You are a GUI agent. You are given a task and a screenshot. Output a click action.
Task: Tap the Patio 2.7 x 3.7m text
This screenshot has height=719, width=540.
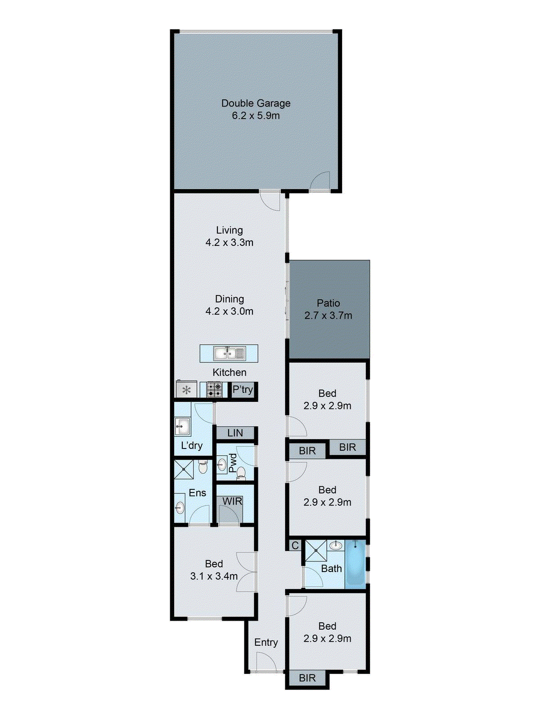[x=328, y=309]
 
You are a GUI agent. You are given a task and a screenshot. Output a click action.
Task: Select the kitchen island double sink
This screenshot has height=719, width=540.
[x=229, y=354]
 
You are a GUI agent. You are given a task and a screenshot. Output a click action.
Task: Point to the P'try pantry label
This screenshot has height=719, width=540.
[x=243, y=390]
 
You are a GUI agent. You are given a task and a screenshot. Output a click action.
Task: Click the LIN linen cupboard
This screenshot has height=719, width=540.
[x=235, y=433]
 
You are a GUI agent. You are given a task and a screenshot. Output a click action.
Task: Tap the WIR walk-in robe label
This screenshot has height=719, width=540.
[x=232, y=501]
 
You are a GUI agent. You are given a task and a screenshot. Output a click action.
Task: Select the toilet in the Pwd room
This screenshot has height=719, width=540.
[x=241, y=472]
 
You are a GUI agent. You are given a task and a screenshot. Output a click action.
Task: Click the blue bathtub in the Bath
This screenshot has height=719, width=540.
[x=355, y=564]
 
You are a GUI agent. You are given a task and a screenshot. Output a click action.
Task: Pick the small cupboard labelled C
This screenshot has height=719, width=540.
[x=295, y=546]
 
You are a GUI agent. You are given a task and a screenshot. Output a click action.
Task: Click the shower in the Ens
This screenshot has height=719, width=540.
[x=184, y=469]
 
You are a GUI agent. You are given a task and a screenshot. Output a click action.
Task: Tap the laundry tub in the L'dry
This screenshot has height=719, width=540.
[x=182, y=426]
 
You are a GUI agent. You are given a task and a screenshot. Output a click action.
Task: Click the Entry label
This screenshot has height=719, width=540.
[x=266, y=643]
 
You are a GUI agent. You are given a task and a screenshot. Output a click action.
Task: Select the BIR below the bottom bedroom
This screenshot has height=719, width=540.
[x=307, y=678]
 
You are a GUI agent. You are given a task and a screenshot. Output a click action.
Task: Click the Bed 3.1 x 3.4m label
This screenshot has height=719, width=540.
[x=214, y=570]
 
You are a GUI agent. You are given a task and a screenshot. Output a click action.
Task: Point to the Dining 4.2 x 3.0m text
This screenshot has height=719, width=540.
[x=229, y=305]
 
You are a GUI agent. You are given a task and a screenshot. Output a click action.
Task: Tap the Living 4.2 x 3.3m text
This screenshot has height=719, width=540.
[x=229, y=236]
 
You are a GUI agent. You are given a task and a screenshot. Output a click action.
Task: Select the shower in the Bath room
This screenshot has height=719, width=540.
[x=316, y=551]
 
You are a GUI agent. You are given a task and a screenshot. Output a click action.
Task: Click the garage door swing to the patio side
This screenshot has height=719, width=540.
[x=320, y=182]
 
